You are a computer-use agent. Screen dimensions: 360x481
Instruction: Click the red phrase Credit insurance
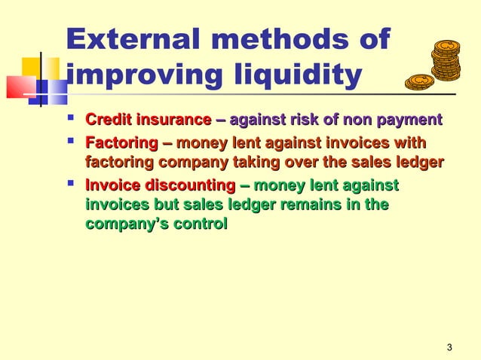coord(149,120)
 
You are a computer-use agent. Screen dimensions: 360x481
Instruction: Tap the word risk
coord(301,120)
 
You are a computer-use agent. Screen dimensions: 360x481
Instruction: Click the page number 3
coord(449,347)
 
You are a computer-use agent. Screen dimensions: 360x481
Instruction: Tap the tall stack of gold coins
coord(446,60)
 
